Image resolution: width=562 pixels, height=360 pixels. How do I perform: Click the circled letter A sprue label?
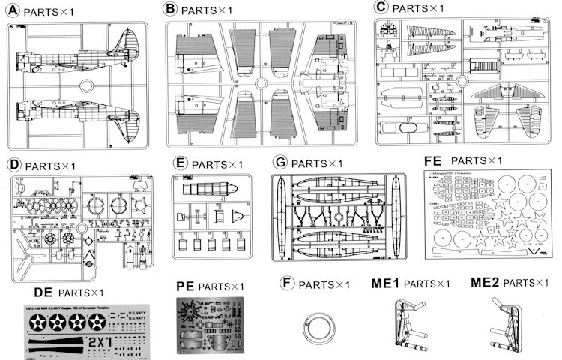pos(12,11)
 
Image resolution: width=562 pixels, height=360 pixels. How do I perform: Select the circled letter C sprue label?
pos(382,7)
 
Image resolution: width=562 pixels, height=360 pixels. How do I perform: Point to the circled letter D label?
pos(12,165)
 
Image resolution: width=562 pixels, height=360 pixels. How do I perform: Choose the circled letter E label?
pos(178,164)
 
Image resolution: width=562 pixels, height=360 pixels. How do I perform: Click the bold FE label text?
pos(433,160)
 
